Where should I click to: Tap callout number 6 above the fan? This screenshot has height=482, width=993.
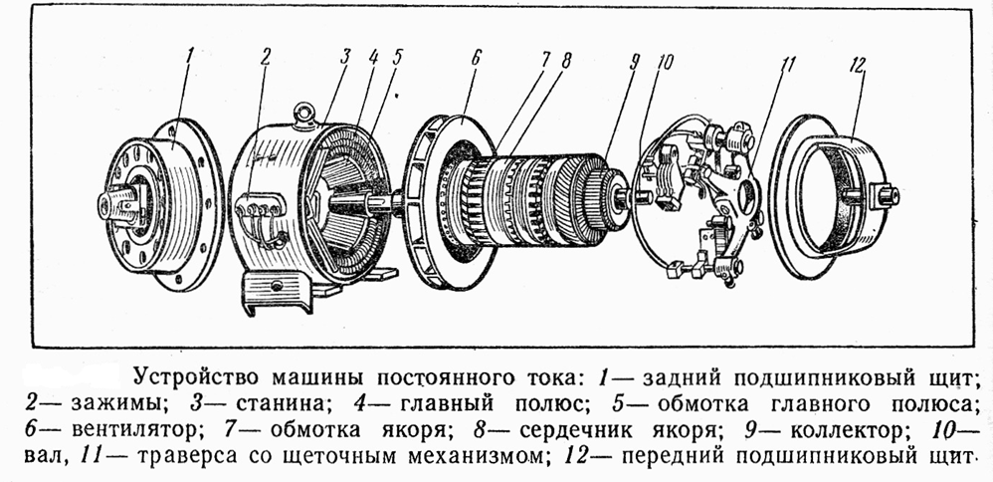[477, 57]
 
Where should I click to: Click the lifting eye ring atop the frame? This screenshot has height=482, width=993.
[304, 114]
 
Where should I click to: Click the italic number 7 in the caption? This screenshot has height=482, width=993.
[231, 430]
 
